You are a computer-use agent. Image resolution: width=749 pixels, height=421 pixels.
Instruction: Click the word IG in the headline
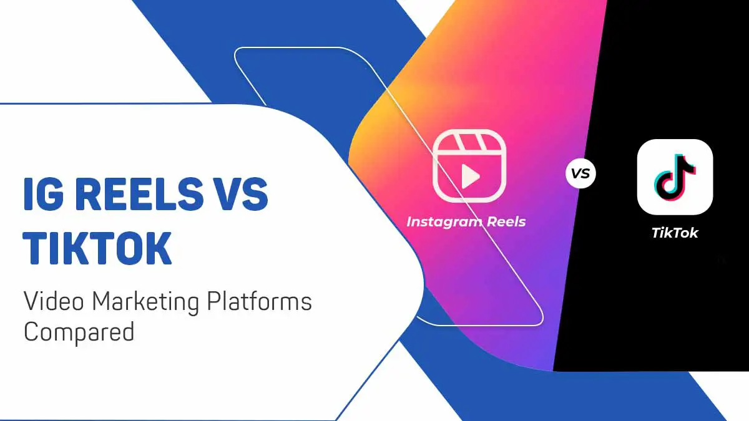click(x=42, y=194)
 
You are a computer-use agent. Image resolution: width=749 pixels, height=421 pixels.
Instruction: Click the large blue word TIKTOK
click(x=97, y=248)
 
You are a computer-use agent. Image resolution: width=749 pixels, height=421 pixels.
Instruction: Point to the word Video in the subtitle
click(x=54, y=302)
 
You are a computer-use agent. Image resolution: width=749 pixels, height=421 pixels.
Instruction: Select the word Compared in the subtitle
click(x=79, y=331)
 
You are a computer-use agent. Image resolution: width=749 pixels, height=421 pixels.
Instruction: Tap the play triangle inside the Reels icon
click(x=469, y=178)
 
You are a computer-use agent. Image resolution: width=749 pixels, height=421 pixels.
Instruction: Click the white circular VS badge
click(x=580, y=174)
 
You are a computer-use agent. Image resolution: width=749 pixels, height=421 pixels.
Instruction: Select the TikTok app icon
click(x=675, y=177)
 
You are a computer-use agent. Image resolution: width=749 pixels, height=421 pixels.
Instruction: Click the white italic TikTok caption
click(x=675, y=233)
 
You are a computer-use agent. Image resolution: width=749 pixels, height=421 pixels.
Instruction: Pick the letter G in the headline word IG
click(x=52, y=194)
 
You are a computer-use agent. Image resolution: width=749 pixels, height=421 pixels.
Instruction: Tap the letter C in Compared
click(x=31, y=331)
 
